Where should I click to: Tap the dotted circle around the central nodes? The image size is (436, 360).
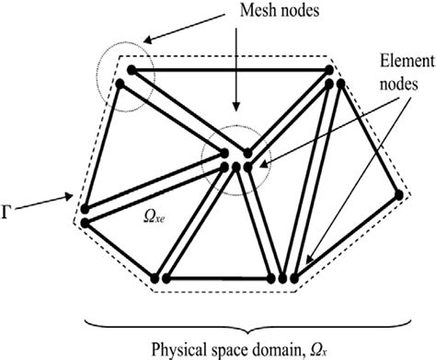tap(235, 154)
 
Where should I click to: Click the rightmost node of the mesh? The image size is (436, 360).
tap(398, 195)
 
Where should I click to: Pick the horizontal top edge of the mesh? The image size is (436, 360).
tap(231, 69)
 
